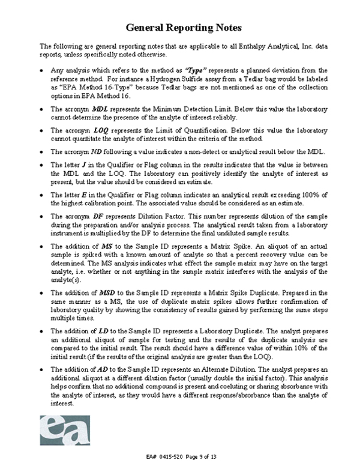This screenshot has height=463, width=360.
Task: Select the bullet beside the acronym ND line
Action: pyautogui.click(x=40, y=151)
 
